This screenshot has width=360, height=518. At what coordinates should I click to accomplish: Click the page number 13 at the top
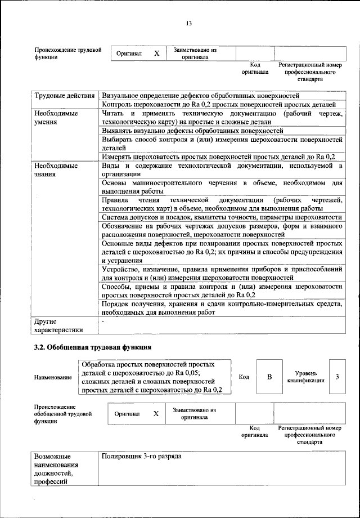point(189,23)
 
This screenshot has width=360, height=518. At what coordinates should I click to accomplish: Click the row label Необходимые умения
point(56,117)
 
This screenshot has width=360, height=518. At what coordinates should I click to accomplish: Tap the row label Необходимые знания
point(56,170)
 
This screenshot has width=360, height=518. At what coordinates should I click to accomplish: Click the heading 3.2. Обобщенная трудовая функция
point(93,347)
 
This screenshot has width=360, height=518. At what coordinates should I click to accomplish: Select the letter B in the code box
point(269,377)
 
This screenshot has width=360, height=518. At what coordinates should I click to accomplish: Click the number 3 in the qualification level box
point(337,377)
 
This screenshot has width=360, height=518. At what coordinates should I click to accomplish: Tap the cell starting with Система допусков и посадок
point(222,217)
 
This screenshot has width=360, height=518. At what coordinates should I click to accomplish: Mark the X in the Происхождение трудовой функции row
point(157,53)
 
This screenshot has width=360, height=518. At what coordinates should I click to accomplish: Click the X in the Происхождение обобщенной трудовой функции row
point(156,413)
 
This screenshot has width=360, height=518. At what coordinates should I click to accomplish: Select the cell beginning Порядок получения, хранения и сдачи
point(222,309)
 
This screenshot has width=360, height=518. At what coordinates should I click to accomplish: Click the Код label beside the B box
point(244,377)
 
